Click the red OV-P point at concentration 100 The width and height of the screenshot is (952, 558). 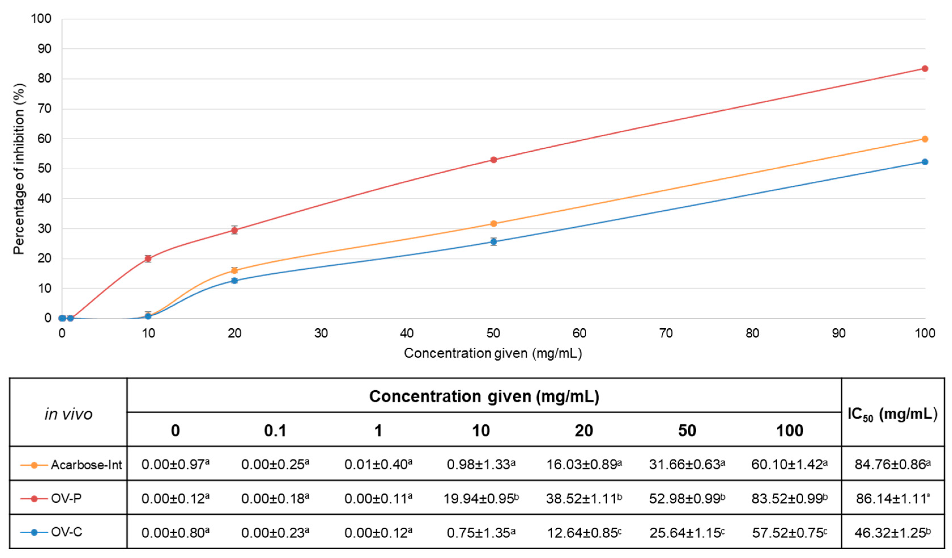click(925, 68)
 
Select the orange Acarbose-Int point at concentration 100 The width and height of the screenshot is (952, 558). click(925, 139)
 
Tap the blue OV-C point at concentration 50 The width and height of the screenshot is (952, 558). click(493, 242)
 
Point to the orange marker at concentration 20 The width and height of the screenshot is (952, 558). click(234, 270)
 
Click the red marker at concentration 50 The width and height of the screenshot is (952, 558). click(493, 160)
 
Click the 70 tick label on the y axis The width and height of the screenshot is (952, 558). click(44, 109)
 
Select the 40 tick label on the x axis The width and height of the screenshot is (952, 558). click(407, 333)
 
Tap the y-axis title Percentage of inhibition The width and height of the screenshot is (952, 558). click(19, 169)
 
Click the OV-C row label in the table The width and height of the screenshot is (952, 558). click(67, 532)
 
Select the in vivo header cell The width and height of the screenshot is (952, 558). click(68, 414)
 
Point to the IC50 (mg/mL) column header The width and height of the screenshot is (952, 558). click(892, 414)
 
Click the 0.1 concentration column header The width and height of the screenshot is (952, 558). click(275, 431)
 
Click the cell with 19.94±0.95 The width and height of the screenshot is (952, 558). click(481, 499)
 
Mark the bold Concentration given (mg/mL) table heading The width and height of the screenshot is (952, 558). click(484, 396)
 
